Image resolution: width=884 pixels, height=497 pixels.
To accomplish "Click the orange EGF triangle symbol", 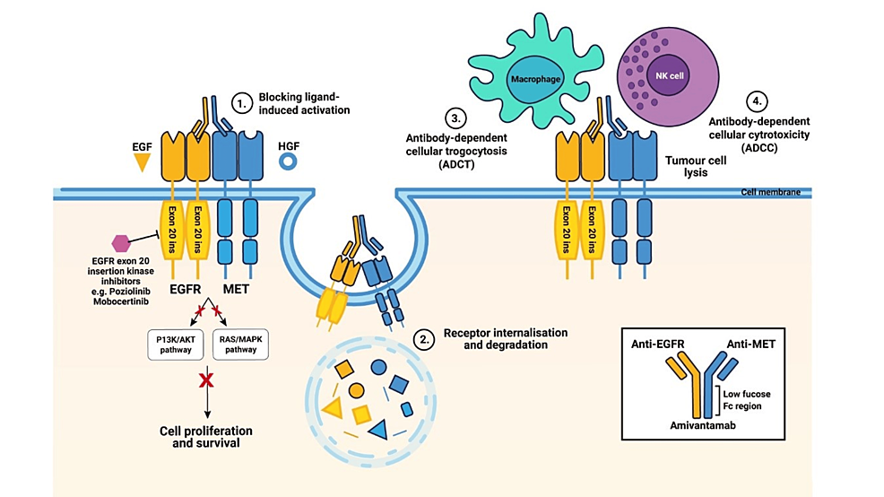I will click(141, 162).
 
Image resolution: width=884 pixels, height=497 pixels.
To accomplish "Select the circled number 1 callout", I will click(239, 103).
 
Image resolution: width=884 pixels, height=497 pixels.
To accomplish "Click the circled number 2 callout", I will click(427, 340).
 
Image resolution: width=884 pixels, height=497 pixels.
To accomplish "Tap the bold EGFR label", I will click(184, 291).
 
